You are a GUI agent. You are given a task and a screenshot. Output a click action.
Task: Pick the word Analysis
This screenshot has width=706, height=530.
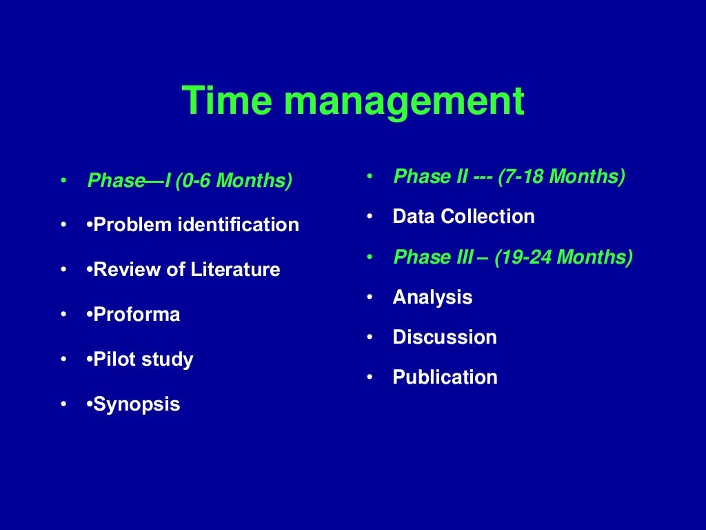coord(432,298)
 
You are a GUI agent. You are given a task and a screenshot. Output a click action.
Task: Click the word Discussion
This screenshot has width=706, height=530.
coord(445,337)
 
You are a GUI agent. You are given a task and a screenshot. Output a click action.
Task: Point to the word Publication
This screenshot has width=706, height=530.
coord(445,377)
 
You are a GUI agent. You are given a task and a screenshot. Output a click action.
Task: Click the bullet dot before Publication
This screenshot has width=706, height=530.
coord(370,377)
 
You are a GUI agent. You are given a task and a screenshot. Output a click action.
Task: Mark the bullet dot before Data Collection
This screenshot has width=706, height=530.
coord(370,217)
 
